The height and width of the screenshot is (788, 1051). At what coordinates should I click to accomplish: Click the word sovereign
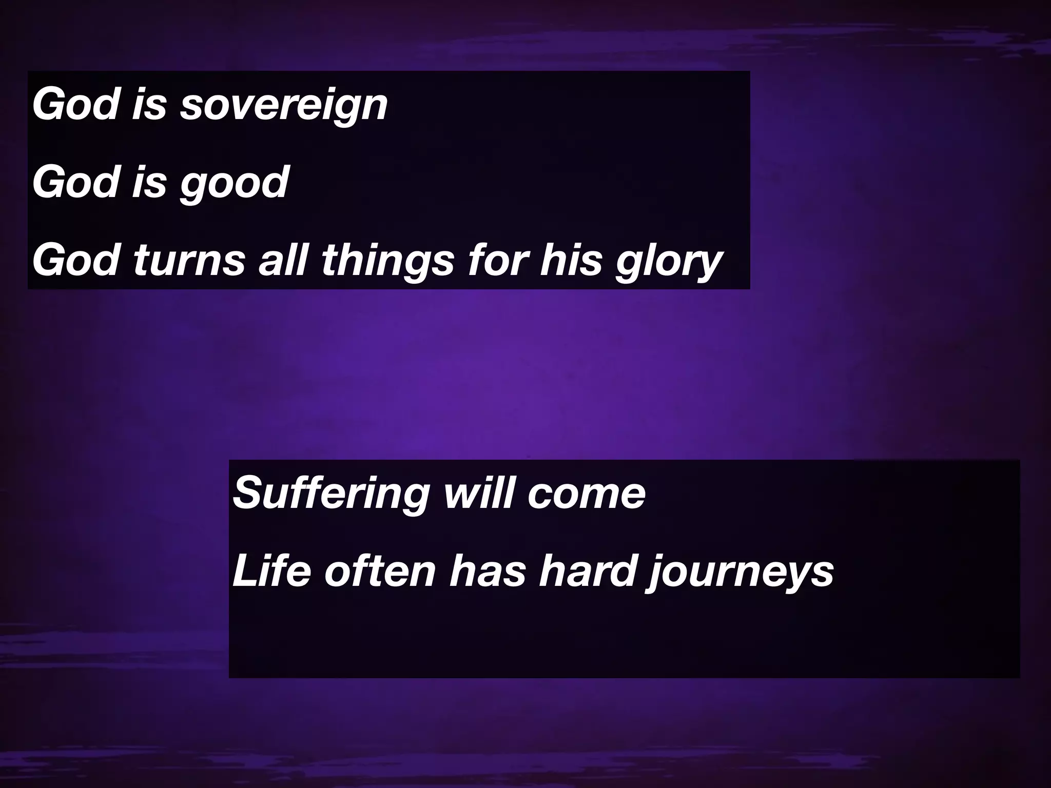tap(284, 106)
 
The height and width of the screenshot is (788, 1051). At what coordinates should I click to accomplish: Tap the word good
tap(235, 183)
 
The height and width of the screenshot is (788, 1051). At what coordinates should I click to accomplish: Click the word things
tap(388, 260)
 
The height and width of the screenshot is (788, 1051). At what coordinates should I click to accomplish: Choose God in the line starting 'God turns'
tap(75, 260)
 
